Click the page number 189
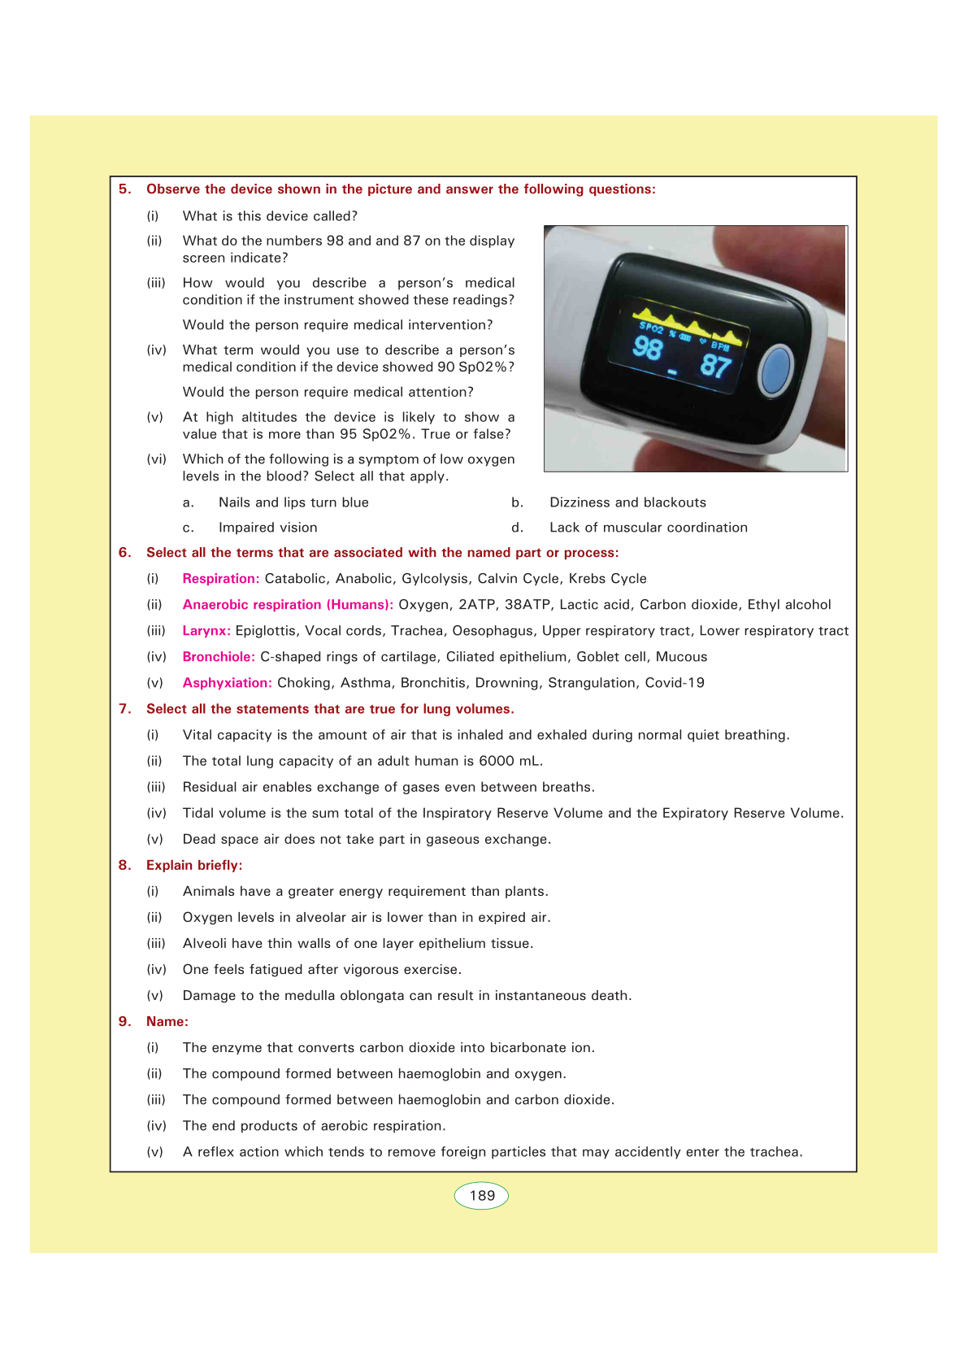[x=482, y=1196]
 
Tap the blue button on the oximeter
[x=775, y=371]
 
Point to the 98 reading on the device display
[x=648, y=348]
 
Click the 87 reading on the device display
[x=715, y=366]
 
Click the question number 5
[x=124, y=189]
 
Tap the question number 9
[x=124, y=1022]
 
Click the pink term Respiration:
[x=221, y=579]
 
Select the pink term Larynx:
[x=206, y=631]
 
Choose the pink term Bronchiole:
[x=219, y=657]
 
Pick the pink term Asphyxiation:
[x=227, y=683]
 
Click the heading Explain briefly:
[x=194, y=866]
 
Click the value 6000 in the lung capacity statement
[x=497, y=762]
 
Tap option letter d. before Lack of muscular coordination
[x=518, y=528]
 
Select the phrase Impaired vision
[x=268, y=528]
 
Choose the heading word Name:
[x=167, y=1022]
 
